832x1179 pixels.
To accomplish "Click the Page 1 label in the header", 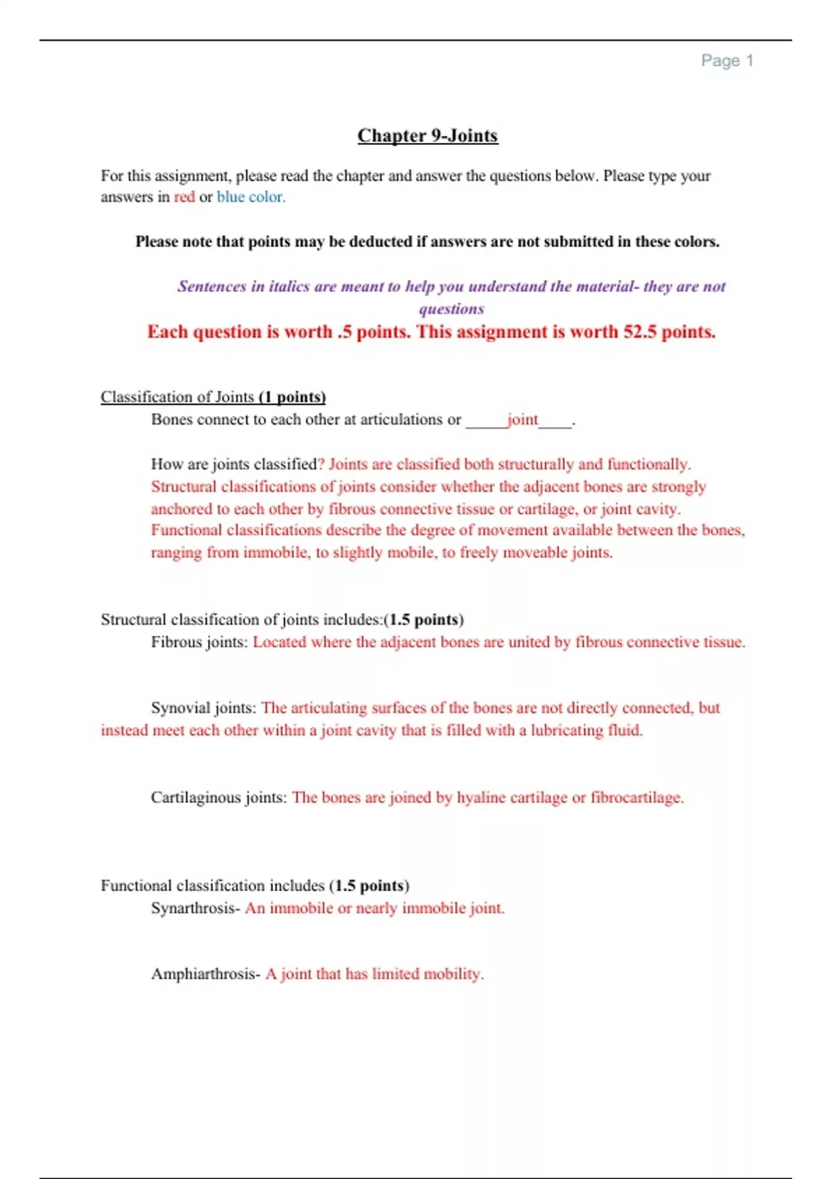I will point(727,61).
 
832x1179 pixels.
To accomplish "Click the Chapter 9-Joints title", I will point(428,135).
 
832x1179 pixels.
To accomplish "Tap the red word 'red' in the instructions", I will point(184,197).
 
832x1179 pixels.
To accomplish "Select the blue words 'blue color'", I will point(250,197).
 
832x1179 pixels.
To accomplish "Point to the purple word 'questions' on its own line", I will point(451,309).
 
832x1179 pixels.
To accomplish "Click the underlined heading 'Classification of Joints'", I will point(177,397).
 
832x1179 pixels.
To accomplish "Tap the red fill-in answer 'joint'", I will point(522,420).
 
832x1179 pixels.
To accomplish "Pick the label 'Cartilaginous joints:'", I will point(218,798).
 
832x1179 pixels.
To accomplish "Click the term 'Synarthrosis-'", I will point(196,909).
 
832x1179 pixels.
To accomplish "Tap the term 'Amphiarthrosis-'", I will point(206,974).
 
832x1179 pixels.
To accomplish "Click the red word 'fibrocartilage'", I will point(636,798).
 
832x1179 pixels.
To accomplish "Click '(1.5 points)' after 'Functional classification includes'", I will point(369,886).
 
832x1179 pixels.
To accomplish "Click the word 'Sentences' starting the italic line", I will point(211,286).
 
